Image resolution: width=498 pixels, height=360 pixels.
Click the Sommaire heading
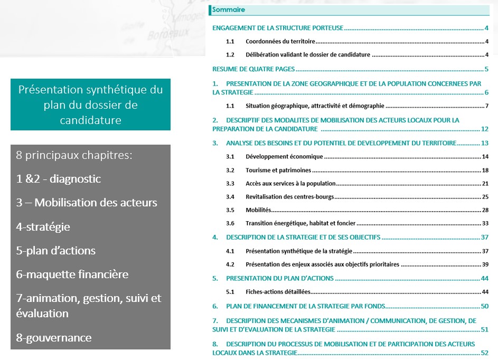coord(228,10)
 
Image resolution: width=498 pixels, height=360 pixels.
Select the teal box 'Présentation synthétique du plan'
coord(90,105)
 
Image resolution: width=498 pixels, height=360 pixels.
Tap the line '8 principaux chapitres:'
coord(73,156)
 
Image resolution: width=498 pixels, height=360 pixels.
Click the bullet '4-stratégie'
coord(43,227)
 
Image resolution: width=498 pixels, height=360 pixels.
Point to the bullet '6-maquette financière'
coord(72,274)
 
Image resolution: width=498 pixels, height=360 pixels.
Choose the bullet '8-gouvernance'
coord(53,338)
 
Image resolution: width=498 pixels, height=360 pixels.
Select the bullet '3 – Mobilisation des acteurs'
coord(86,203)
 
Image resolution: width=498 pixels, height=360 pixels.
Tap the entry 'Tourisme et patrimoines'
coord(278,170)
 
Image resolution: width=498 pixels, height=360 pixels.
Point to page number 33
coord(485,223)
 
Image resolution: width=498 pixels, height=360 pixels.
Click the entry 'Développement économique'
coord(284,157)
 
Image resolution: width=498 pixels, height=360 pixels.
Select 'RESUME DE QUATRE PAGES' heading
coord(253,69)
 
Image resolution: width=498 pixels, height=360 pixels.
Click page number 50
coord(485,306)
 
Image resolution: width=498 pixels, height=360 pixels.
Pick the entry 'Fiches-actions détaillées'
coord(278,292)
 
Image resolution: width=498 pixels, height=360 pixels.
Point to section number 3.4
coord(230,197)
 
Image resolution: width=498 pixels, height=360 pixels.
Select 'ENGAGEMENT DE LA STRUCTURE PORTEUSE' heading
coord(278,28)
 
